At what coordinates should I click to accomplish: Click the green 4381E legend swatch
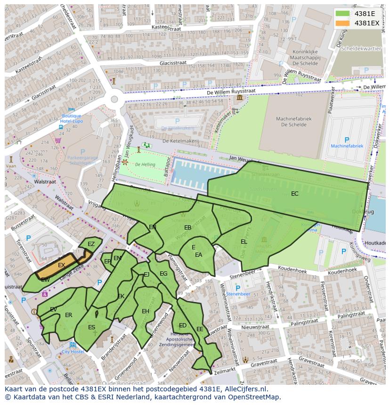[342, 14]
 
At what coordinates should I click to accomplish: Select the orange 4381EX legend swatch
[342, 23]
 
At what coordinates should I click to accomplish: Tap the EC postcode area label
[294, 193]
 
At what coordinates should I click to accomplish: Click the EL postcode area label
[244, 241]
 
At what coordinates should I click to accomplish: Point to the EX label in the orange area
[61, 265]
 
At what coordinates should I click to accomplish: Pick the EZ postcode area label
[91, 244]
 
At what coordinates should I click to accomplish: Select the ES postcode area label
[91, 327]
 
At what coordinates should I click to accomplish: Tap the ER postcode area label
[69, 315]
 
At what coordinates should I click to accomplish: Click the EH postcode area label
[146, 311]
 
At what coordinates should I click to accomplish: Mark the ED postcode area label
[183, 326]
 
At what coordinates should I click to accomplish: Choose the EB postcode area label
[187, 227]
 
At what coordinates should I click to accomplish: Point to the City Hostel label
[73, 351]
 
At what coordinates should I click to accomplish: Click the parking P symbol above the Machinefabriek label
[347, 140]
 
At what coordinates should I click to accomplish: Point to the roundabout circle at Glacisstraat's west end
[114, 99]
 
